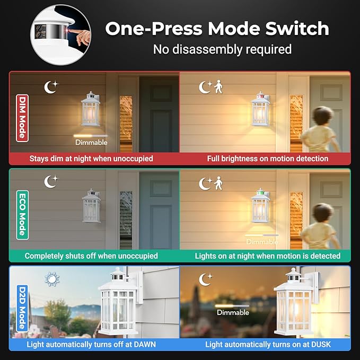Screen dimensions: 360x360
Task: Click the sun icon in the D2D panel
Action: click(x=52, y=279)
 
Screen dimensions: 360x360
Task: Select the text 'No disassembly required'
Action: click(x=222, y=50)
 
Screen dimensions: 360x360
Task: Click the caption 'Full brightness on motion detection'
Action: click(x=268, y=158)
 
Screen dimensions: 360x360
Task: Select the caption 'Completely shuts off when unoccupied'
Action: click(x=91, y=256)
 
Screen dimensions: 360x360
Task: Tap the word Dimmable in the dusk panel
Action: click(x=233, y=312)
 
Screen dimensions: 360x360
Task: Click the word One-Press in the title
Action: click(x=159, y=29)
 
